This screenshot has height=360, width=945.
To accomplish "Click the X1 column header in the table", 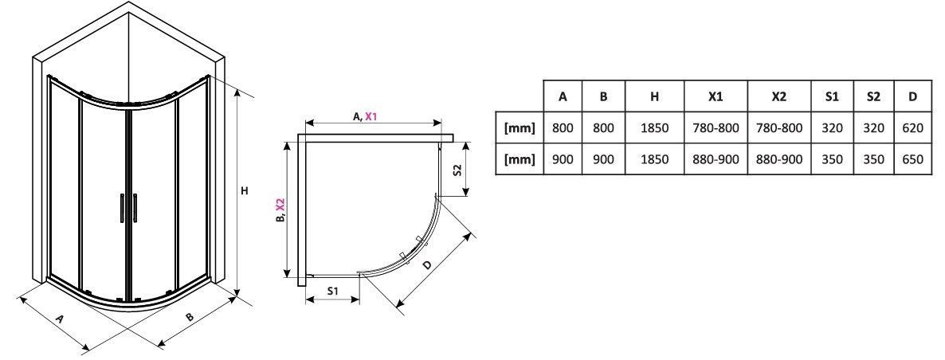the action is point(716,96).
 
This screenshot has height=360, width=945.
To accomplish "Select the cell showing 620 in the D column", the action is point(912,127).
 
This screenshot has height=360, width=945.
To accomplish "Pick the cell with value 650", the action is point(912,159).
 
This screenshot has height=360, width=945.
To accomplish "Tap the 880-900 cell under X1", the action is point(716,159).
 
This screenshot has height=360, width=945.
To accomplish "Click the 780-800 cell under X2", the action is point(778,127).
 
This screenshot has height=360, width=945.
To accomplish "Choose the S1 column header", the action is point(832,96).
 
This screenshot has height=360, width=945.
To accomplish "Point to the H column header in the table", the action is point(654,96).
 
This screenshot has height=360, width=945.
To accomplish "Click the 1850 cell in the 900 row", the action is point(654,159).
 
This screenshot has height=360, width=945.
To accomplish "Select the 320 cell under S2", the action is point(873,127).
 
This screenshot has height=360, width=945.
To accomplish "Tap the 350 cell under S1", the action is point(832,159).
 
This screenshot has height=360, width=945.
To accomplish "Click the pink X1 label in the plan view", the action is point(371,116).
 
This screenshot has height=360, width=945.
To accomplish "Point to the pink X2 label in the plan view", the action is point(280,206).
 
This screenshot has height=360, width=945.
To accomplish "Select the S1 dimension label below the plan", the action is point(333,290).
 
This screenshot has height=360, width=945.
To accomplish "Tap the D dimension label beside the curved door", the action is point(427,265).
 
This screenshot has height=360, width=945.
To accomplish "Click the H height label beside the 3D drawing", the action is point(244,191).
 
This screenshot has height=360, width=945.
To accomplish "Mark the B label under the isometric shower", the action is point(190,317).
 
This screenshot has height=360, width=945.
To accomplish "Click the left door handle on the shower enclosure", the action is point(123,208).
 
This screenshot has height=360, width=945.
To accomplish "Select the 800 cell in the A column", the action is point(563,127).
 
